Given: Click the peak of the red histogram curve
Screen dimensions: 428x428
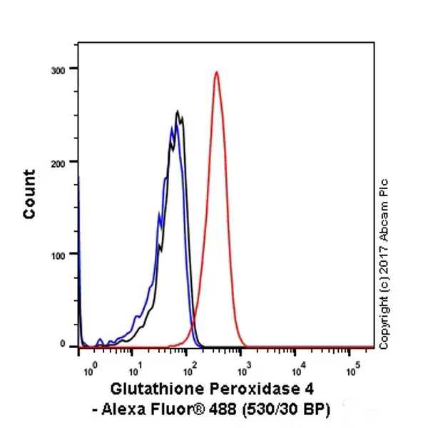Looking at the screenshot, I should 216,72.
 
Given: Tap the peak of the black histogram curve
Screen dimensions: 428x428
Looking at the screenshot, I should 178,112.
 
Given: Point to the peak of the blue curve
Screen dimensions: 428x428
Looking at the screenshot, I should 172,128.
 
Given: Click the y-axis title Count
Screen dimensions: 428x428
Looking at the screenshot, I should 29,194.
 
